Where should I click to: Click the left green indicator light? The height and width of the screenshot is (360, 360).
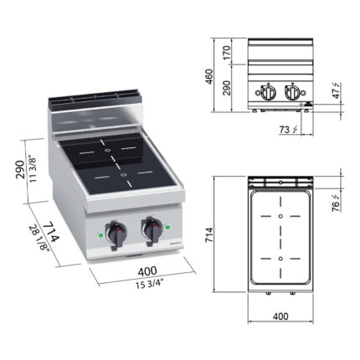101,235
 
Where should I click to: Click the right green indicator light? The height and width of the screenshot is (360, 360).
168,227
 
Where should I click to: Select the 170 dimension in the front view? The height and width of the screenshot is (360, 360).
227,52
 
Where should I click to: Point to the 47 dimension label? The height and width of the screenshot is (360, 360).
337,90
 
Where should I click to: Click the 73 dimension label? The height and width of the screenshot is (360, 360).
288,130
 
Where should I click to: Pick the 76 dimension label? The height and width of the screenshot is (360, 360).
337,203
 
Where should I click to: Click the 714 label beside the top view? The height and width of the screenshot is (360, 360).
209,234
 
